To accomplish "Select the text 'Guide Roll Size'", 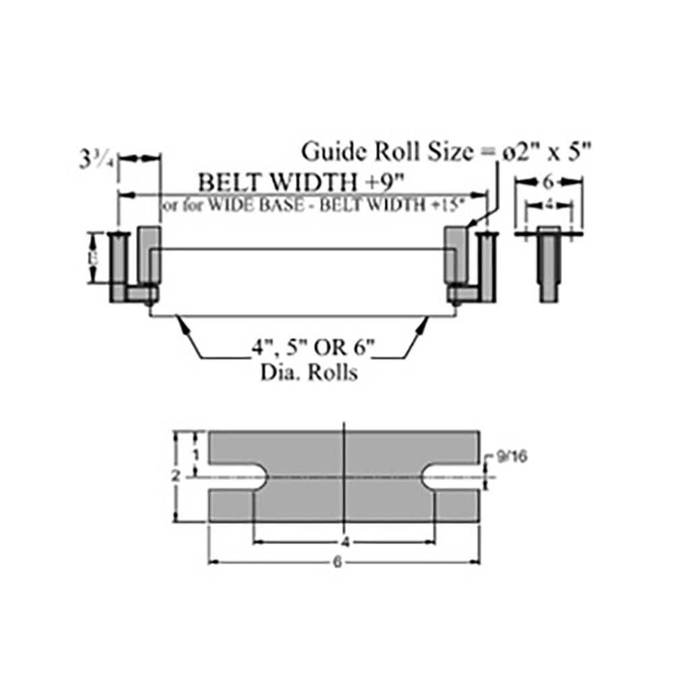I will tap(387, 151).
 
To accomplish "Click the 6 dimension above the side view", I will tap(548, 181).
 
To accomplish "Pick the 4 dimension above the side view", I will tap(548, 202).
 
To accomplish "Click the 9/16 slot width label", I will tap(511, 457).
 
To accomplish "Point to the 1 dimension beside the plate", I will tap(195, 454).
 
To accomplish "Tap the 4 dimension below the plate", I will tap(344, 542).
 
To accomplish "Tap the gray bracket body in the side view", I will tap(548, 266).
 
